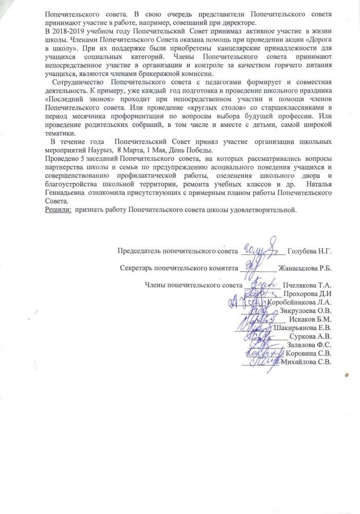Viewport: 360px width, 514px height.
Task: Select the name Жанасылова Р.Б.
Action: click(x=304, y=268)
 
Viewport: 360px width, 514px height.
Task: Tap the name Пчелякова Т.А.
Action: click(x=307, y=285)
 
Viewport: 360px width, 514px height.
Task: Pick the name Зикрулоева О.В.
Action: click(x=307, y=310)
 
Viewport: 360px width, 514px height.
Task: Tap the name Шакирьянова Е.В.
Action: click(x=303, y=327)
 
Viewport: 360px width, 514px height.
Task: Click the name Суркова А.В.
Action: click(x=311, y=336)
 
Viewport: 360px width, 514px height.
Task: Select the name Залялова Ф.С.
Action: click(x=309, y=345)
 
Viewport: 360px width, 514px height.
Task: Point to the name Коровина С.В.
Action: click(x=308, y=354)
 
